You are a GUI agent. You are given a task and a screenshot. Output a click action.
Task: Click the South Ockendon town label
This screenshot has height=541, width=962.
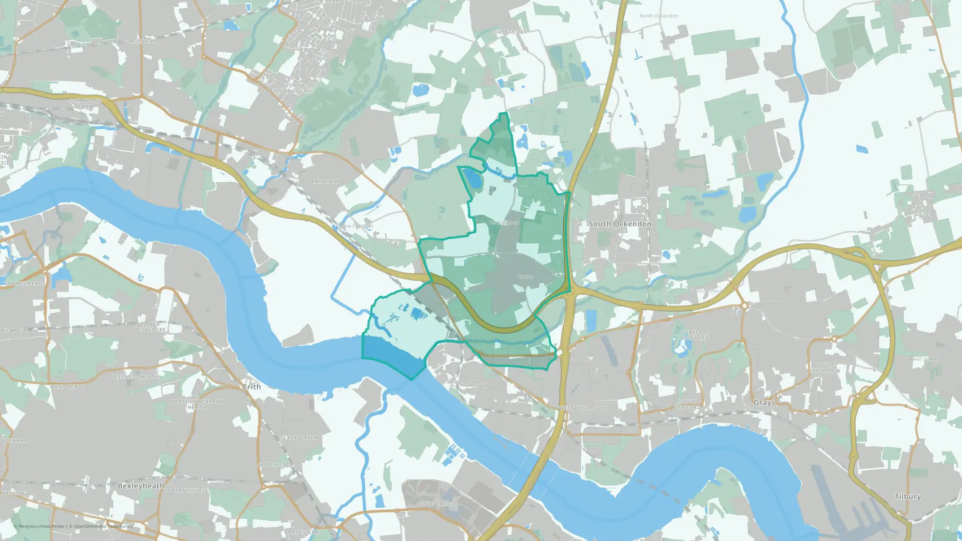tap(620, 224)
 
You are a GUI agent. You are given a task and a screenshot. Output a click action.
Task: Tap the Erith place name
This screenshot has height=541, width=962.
tap(252, 387)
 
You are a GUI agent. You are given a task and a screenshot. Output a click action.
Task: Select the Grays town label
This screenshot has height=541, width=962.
tap(764, 403)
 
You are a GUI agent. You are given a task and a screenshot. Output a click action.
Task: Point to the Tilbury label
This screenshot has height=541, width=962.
tap(908, 496)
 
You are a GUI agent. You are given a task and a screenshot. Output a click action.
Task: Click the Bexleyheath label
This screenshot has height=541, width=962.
tap(141, 486)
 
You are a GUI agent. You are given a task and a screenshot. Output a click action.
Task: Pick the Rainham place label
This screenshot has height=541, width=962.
tap(325, 182)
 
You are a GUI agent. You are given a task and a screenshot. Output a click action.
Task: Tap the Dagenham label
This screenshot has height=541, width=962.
tap(141, 41)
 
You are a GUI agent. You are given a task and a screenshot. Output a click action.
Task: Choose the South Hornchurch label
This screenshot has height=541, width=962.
tap(294, 88)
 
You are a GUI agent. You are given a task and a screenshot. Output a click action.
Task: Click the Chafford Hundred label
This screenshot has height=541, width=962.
tap(695, 335)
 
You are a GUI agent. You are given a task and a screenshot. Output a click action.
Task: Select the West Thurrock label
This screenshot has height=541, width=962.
tap(582, 408)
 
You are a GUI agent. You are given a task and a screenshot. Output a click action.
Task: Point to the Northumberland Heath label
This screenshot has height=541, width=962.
tap(196, 404)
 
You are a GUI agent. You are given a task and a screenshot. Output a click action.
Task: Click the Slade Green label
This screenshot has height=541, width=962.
tap(299, 438)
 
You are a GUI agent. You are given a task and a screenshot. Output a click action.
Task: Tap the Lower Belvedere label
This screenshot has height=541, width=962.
tap(151, 327)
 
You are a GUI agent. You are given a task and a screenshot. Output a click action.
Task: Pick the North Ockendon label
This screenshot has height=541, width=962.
tap(658, 16)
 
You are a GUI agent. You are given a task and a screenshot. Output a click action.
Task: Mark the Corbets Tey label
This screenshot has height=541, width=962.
tap(508, 32)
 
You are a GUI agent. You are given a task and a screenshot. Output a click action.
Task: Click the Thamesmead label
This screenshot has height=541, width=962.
tap(23, 283)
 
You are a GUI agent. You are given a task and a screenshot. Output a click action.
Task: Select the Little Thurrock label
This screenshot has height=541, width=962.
tap(825, 368)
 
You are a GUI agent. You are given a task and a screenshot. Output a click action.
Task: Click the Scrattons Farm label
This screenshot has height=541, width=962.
tap(86, 103)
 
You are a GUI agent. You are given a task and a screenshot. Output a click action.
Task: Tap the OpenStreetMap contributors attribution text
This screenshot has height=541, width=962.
tap(103, 526)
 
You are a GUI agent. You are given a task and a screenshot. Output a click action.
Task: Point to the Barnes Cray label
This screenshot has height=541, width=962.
tap(303, 532)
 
